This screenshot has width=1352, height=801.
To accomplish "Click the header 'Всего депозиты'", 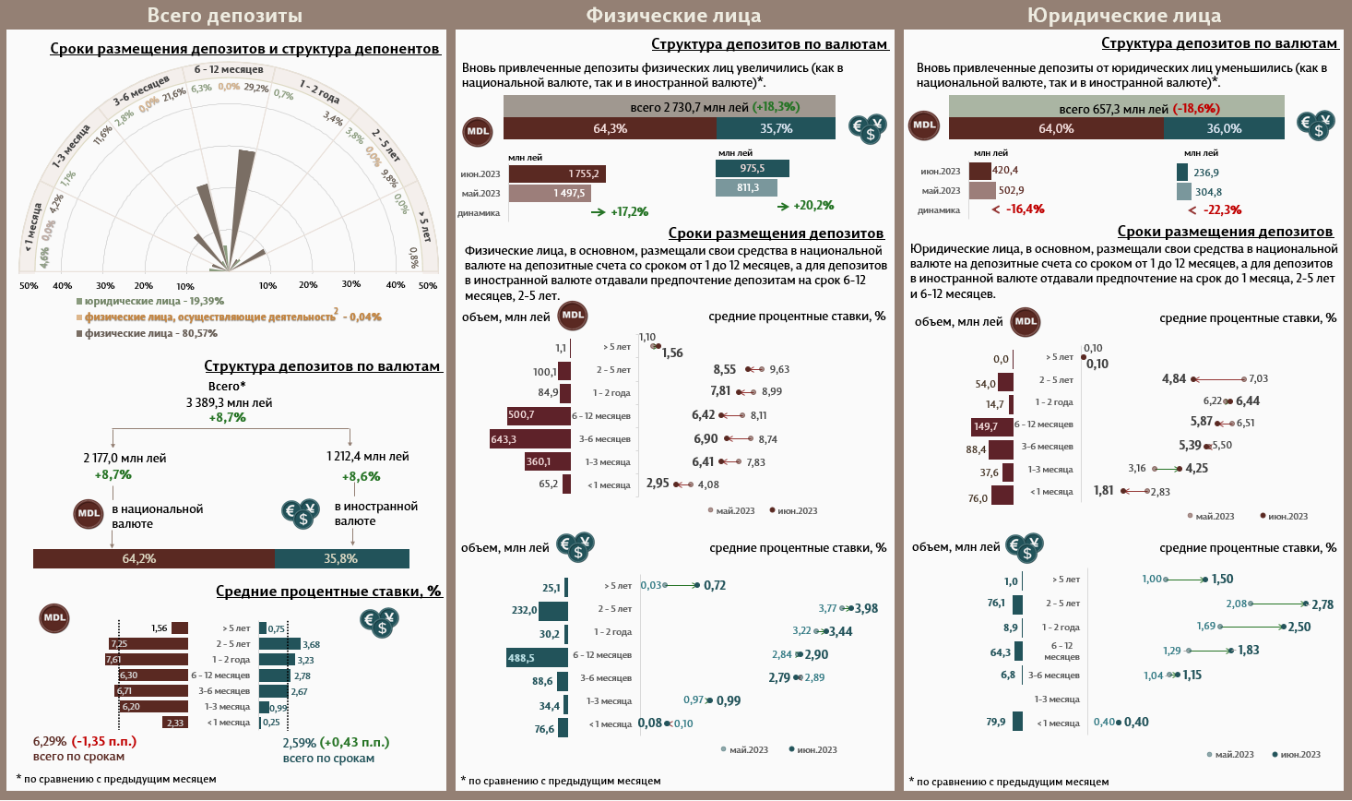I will pyautogui.click(x=224, y=15).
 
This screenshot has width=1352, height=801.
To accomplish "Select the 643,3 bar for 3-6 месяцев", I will pyautogui.click(x=529, y=439).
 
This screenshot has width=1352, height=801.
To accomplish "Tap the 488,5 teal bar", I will pyautogui.click(x=537, y=658).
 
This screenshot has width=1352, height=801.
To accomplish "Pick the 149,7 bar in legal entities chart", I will pyautogui.click(x=992, y=426).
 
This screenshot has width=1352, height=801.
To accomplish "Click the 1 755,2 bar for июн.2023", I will pyautogui.click(x=557, y=173).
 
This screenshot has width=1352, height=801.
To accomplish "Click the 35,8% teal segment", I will pyautogui.click(x=341, y=558).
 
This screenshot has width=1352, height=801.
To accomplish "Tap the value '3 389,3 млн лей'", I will pyautogui.click(x=229, y=402).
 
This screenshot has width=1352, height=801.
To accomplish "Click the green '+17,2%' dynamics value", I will pyautogui.click(x=629, y=212).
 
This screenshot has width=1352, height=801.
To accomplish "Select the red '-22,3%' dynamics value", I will pyautogui.click(x=1222, y=209).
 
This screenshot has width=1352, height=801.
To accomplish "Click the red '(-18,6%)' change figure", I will pyautogui.click(x=1196, y=108).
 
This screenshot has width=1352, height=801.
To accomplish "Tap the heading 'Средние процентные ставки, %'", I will pyautogui.click(x=328, y=591).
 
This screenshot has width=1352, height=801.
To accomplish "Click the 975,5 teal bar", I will pyautogui.click(x=752, y=168).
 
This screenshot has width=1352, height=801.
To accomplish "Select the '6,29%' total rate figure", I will pyautogui.click(x=50, y=741).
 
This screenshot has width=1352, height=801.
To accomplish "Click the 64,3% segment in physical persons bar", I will pyautogui.click(x=610, y=128).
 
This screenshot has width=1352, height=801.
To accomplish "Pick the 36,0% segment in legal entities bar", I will pyautogui.click(x=1224, y=128).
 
